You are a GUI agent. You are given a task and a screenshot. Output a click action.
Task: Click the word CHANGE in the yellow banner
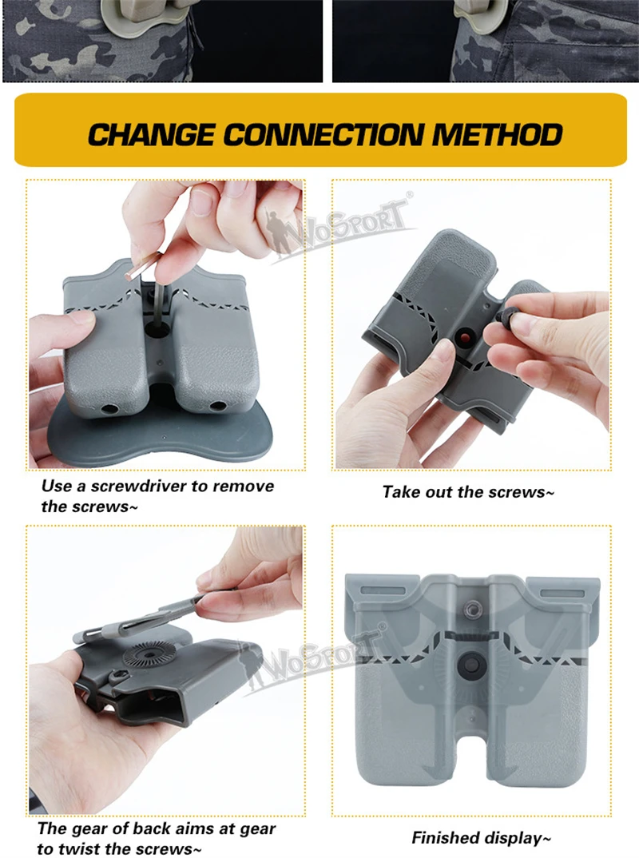(151, 134)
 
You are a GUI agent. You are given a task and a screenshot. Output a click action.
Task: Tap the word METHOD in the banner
(498, 134)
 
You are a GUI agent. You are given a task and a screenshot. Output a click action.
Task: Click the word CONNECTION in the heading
(323, 134)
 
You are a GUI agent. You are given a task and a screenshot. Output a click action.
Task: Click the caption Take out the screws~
(468, 492)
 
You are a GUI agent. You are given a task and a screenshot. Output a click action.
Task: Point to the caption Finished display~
(482, 838)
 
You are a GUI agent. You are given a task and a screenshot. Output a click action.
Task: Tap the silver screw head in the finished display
(472, 607)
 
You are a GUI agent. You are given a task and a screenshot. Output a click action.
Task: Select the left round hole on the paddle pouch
(107, 409)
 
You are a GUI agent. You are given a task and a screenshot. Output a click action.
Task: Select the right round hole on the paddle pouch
(218, 406)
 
